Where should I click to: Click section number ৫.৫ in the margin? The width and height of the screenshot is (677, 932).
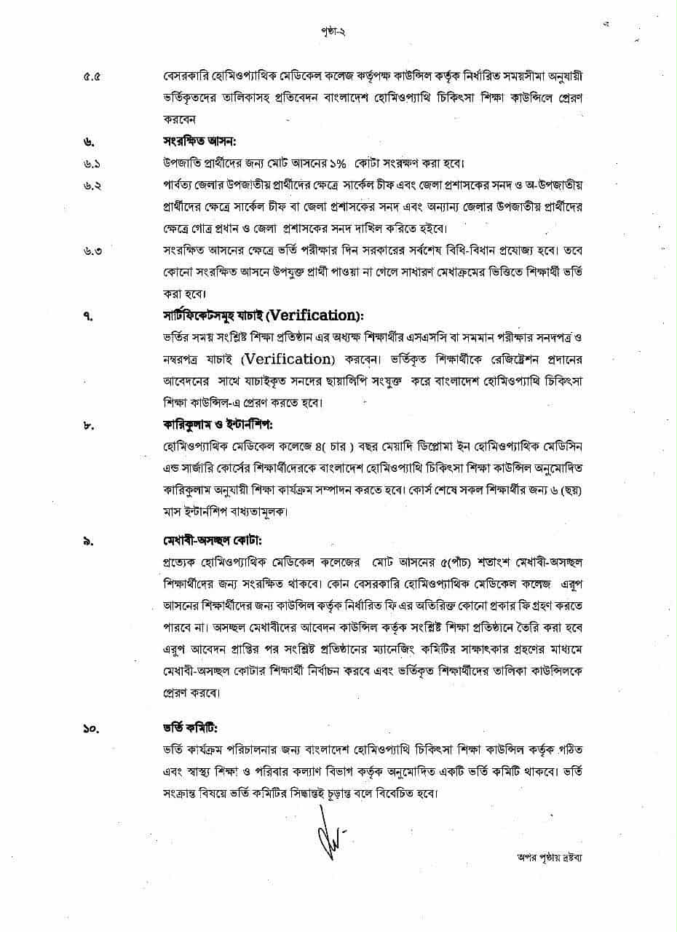[x=92, y=76]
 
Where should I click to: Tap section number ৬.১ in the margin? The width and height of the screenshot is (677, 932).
[x=92, y=162]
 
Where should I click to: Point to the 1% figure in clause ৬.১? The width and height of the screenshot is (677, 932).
[x=331, y=162]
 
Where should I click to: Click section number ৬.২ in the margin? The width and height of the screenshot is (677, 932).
[x=92, y=185]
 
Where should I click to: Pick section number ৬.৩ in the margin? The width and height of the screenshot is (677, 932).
[x=92, y=252]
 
